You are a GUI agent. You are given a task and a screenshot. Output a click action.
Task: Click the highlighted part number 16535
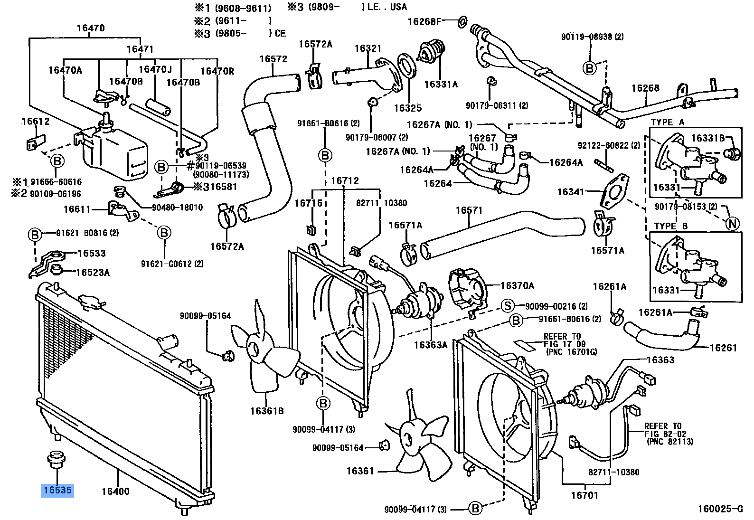57,490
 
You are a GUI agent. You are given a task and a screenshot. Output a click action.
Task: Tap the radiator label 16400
115,492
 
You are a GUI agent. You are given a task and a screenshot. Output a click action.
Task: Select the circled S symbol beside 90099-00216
507,306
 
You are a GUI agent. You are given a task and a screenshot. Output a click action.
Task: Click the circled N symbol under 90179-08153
733,223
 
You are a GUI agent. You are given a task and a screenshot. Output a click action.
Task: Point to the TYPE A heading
668,122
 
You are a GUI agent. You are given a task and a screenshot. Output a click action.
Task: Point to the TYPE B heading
670,226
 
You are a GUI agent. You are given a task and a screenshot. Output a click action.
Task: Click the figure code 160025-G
719,509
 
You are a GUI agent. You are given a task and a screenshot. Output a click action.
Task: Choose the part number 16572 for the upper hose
273,59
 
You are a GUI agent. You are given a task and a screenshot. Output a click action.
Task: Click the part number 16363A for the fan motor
430,345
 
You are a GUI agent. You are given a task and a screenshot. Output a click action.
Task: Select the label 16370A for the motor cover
517,285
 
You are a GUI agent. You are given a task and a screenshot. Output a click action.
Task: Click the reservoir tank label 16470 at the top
91,28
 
